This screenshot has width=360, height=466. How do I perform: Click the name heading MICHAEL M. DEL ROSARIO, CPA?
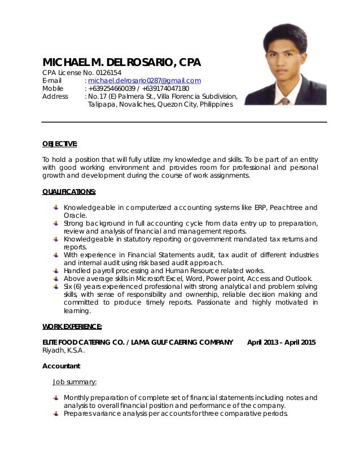122,61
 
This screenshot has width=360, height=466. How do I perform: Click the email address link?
144,81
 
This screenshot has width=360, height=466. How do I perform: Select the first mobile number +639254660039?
112,89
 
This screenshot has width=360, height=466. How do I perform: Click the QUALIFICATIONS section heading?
69,191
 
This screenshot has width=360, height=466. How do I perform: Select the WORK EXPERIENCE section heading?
73,326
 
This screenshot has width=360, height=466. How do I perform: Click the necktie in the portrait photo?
286,101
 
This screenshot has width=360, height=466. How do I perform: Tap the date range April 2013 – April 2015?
282,342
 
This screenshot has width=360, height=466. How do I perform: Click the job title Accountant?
62,366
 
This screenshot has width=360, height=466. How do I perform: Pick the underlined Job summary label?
74,381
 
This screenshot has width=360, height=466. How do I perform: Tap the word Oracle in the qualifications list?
74,215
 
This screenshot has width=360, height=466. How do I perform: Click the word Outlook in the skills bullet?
300,279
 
